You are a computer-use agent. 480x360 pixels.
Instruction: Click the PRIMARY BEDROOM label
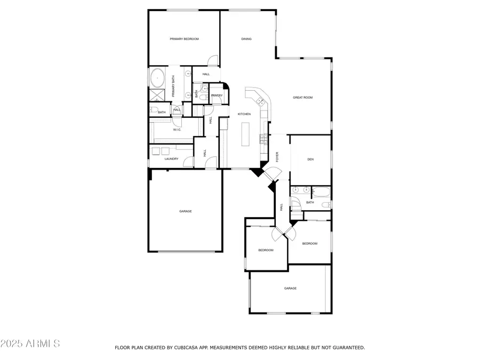coord(184,39)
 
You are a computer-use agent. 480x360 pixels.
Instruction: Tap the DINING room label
coord(246,39)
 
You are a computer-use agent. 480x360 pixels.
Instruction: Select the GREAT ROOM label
coord(302,98)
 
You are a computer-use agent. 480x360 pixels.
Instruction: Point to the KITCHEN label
coord(244,114)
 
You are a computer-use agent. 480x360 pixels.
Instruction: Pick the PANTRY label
coord(217,95)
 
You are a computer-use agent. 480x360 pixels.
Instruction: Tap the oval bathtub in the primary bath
coord(157,79)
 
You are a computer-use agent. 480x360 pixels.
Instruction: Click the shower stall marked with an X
coord(157,96)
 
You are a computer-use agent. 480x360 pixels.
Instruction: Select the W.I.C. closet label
coord(177,130)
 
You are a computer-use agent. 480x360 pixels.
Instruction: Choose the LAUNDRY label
coord(171,158)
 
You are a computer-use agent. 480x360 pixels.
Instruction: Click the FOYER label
coord(277,156)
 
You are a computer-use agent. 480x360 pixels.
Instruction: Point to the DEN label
coord(310,159)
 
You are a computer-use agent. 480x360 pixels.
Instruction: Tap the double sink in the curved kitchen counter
coord(260,100)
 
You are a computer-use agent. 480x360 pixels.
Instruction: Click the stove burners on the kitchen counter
coord(262,140)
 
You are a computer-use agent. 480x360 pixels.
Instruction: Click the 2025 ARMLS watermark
coord(30,343)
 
